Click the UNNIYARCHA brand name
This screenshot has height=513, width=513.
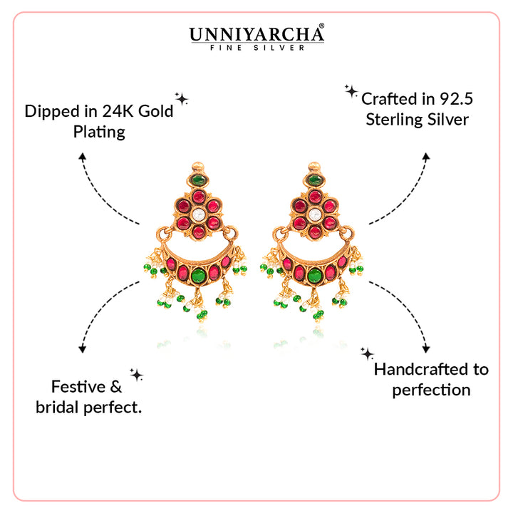[255, 33]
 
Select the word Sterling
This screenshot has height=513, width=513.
[395, 119]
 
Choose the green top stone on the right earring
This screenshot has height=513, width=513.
[313, 180]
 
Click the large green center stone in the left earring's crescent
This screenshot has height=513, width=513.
[199, 275]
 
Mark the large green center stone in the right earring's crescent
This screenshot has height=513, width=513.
[313, 275]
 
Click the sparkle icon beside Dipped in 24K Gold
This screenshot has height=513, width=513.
[182, 98]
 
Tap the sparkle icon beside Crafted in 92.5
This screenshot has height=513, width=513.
[351, 90]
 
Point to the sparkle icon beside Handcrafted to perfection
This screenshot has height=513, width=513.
[367, 353]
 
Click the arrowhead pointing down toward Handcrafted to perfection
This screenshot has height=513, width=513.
[427, 349]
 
